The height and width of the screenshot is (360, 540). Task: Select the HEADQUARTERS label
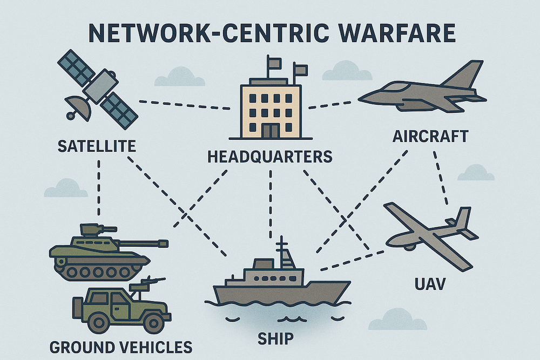pyautogui.click(x=269, y=157)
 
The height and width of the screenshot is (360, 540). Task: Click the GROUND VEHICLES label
pyautogui.click(x=120, y=346)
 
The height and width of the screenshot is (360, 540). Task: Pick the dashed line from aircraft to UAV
pyautogui.click(x=440, y=178)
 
